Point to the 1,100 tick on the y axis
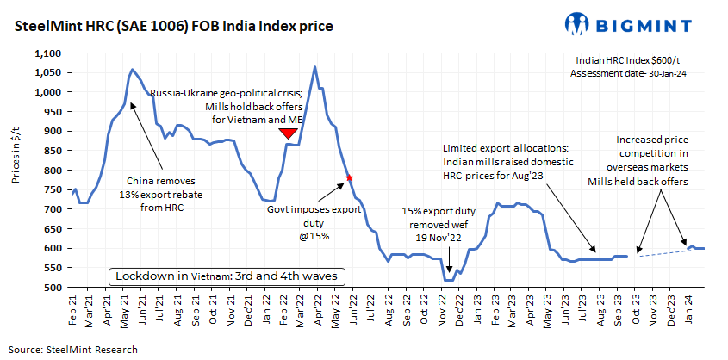click(x=46, y=53)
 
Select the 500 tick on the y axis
click(x=53, y=288)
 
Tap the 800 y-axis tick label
click(x=53, y=171)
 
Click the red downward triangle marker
click(x=289, y=133)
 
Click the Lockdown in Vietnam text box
click(x=227, y=276)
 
